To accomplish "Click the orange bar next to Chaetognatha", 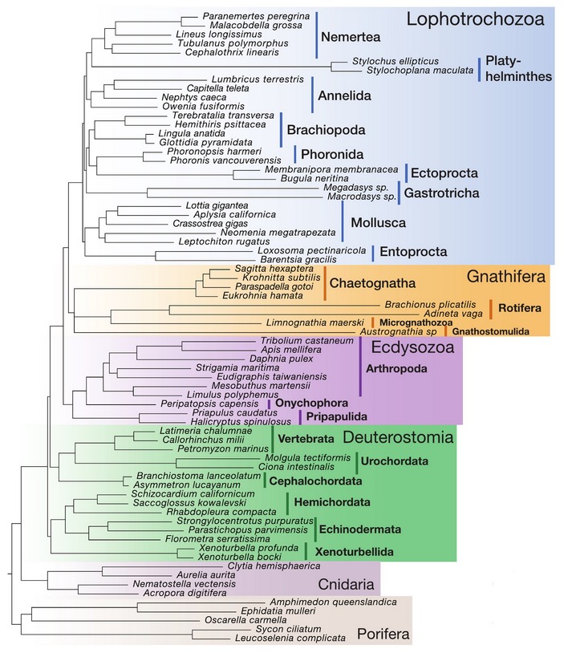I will (x=325, y=285).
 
